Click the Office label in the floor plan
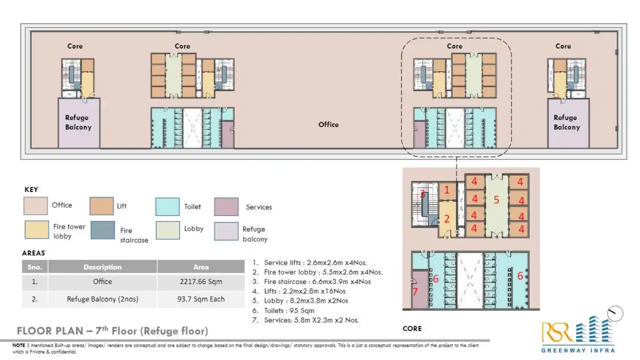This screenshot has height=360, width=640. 328,125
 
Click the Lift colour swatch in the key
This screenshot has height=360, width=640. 101,207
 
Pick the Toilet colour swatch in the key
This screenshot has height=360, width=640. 168,207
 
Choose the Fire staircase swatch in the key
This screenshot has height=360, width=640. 102,230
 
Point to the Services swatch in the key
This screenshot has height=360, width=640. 226,207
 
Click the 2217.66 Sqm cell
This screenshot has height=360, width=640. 201,282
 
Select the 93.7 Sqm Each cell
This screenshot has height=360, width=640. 201,299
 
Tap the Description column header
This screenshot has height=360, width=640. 103,267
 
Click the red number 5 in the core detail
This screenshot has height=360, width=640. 496,200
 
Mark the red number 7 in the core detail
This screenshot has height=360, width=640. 415,292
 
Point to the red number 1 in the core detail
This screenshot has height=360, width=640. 447,190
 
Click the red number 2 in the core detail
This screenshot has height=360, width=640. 447,219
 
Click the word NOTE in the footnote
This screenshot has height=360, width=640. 19,345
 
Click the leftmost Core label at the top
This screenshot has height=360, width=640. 75,46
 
